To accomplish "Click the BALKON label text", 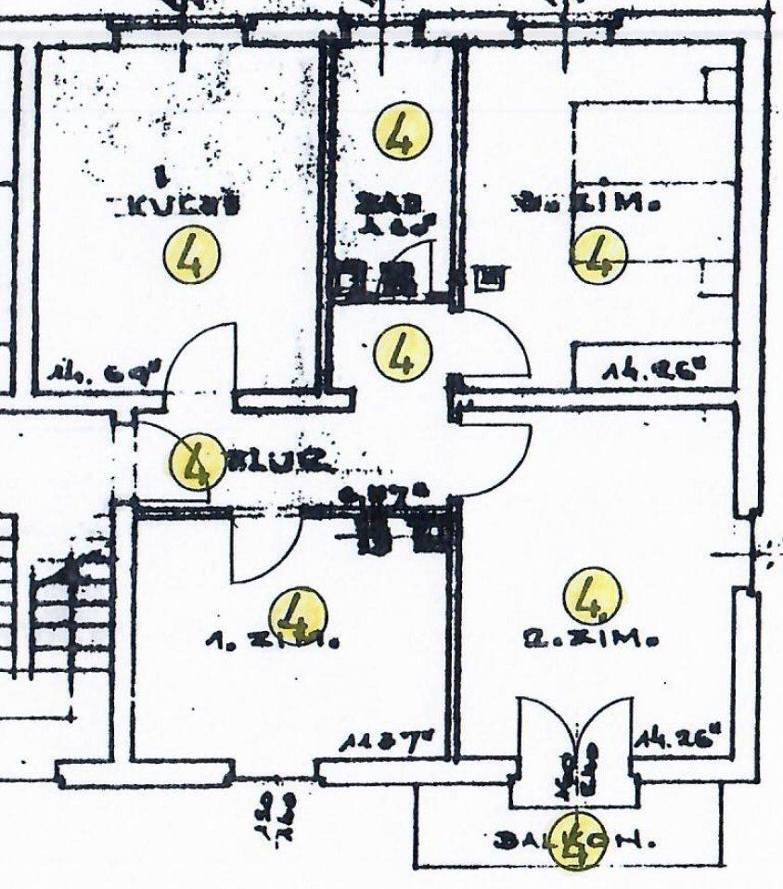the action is (x=575, y=843).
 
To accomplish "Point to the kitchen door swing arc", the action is (x=199, y=357).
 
